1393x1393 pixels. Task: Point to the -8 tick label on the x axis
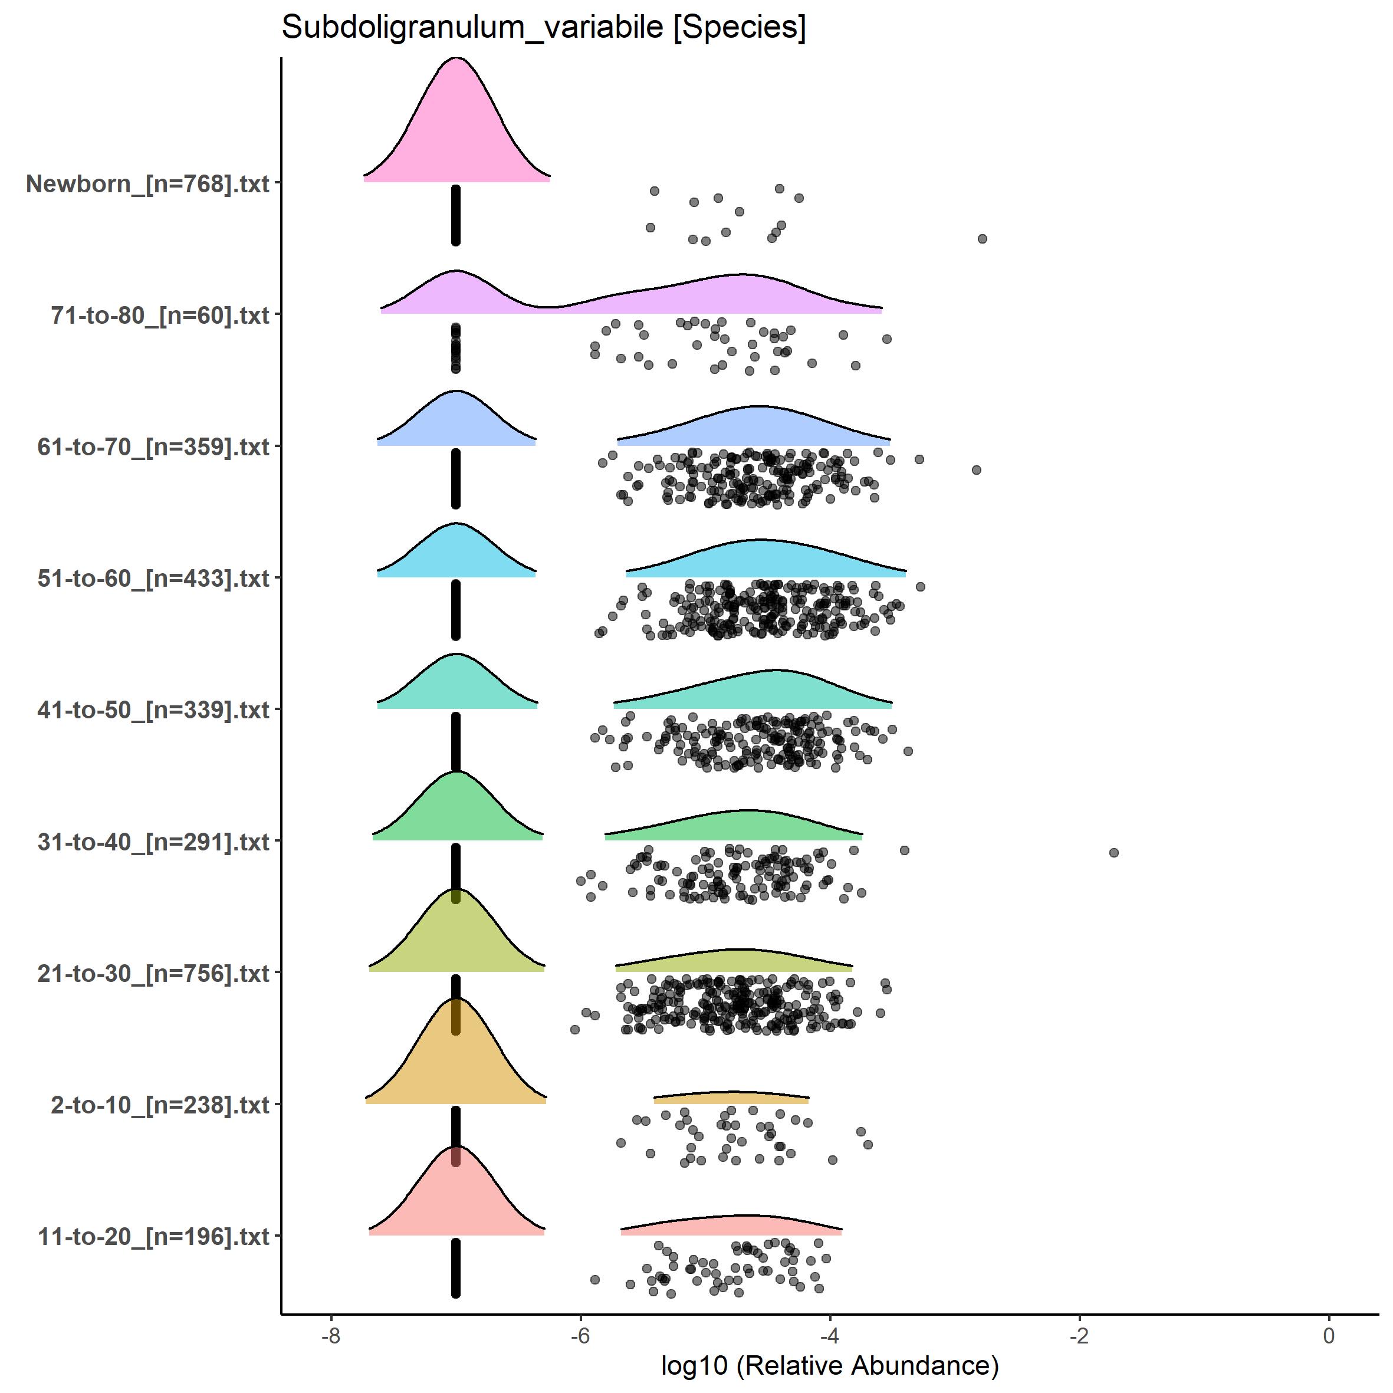pyautogui.click(x=330, y=1335)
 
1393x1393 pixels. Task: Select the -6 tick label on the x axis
pyautogui.click(x=580, y=1335)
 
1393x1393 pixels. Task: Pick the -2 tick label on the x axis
pyautogui.click(x=1079, y=1335)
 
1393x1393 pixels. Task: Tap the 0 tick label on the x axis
pyautogui.click(x=1329, y=1335)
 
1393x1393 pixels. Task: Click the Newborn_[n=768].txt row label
pyautogui.click(x=148, y=184)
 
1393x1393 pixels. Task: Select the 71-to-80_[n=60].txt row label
pyautogui.click(x=160, y=315)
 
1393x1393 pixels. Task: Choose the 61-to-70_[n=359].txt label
pyautogui.click(x=153, y=447)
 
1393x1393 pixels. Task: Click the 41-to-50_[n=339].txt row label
pyautogui.click(x=153, y=710)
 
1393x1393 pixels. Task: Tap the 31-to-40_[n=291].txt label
pyautogui.click(x=153, y=842)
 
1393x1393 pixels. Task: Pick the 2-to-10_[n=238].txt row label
pyautogui.click(x=160, y=1105)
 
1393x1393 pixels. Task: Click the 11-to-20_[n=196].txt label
pyautogui.click(x=153, y=1237)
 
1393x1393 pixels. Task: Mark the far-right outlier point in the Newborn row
pyautogui.click(x=982, y=239)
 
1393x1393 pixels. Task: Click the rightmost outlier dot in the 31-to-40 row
pyautogui.click(x=1114, y=853)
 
